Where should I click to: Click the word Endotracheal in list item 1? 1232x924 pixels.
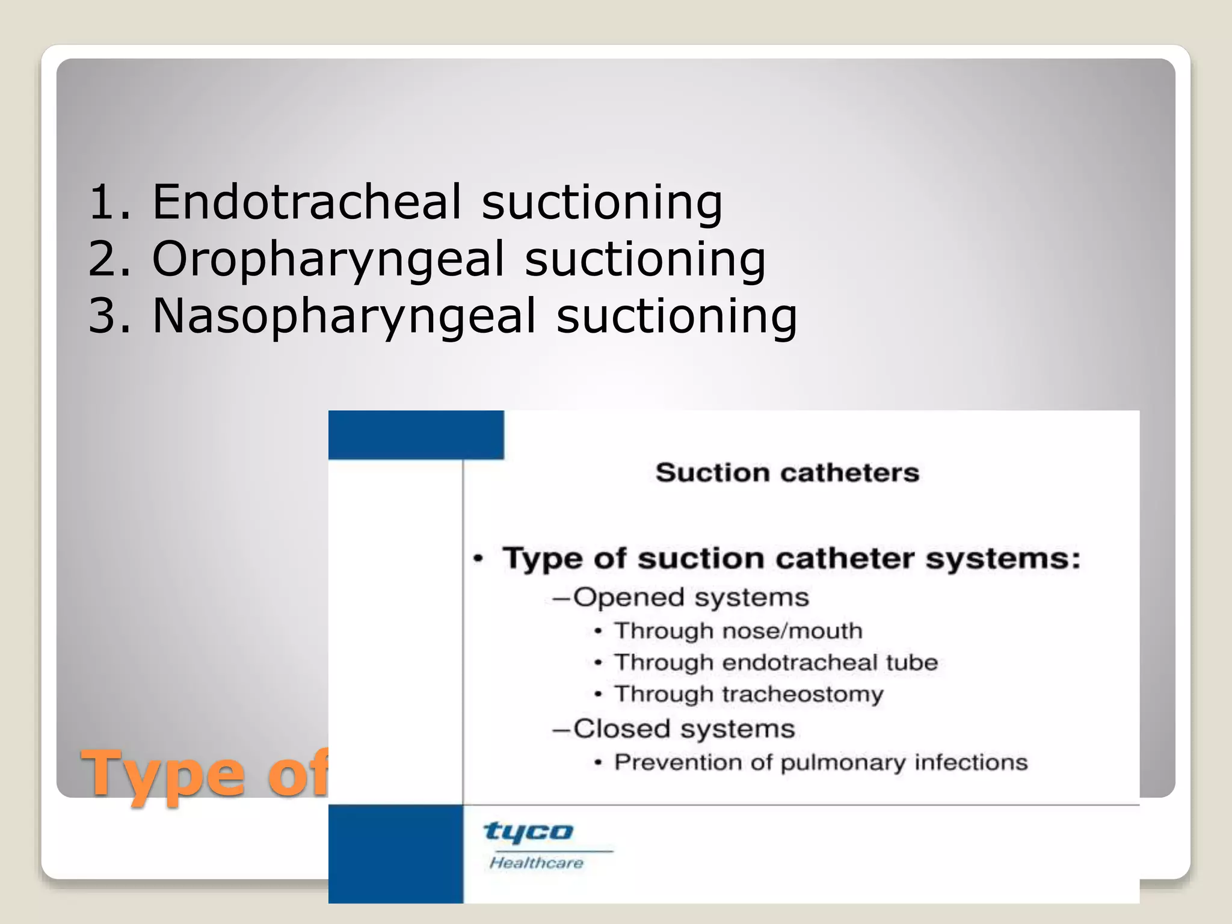tap(306, 202)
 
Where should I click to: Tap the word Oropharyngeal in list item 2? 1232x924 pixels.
tap(328, 259)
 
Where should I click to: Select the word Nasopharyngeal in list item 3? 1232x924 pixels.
tap(343, 316)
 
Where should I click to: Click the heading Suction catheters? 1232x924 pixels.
tap(787, 473)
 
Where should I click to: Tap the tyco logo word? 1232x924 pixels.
tap(529, 832)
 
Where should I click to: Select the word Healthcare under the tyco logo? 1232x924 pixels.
tap(536, 863)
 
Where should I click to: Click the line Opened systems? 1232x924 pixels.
tap(690, 597)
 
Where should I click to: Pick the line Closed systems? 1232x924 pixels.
tap(683, 728)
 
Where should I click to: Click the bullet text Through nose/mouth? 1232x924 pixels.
tap(738, 631)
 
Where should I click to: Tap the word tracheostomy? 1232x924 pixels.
tap(802, 694)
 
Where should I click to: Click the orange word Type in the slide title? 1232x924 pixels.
tap(164, 775)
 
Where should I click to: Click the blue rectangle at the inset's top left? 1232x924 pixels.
tap(416, 435)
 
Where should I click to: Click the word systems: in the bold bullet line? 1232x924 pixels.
tap(1002, 558)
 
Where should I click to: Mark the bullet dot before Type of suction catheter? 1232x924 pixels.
tap(478, 559)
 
